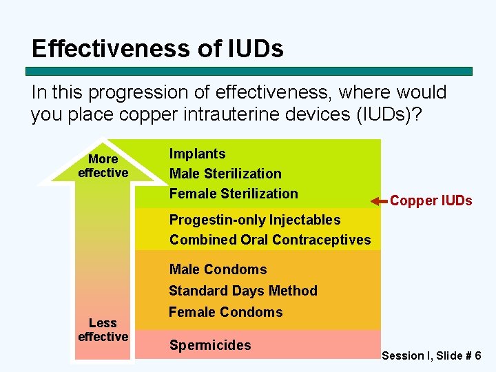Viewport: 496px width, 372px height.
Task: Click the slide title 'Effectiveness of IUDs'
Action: point(157,48)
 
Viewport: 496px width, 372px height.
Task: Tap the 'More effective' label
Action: point(103,166)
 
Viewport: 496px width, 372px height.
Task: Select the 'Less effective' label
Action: point(103,329)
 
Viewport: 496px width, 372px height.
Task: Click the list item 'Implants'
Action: point(197,154)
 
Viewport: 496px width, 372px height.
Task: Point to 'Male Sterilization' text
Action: point(225,174)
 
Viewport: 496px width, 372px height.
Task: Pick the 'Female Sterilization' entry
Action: point(234,194)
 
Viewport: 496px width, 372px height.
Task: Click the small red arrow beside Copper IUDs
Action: point(378,201)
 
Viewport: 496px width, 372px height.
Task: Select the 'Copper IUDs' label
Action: point(431,200)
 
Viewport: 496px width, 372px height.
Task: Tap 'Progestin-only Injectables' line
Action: point(255,220)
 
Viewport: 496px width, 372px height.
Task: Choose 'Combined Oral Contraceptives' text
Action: point(270,240)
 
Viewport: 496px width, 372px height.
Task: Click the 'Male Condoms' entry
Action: point(218,269)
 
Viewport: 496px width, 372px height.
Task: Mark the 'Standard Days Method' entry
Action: point(243,291)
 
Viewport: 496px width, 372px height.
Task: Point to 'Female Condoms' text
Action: point(225,312)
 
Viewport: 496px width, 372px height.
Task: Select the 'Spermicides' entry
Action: point(210,345)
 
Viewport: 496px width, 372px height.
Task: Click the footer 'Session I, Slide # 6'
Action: point(431,355)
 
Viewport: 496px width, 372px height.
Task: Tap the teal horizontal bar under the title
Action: point(249,71)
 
